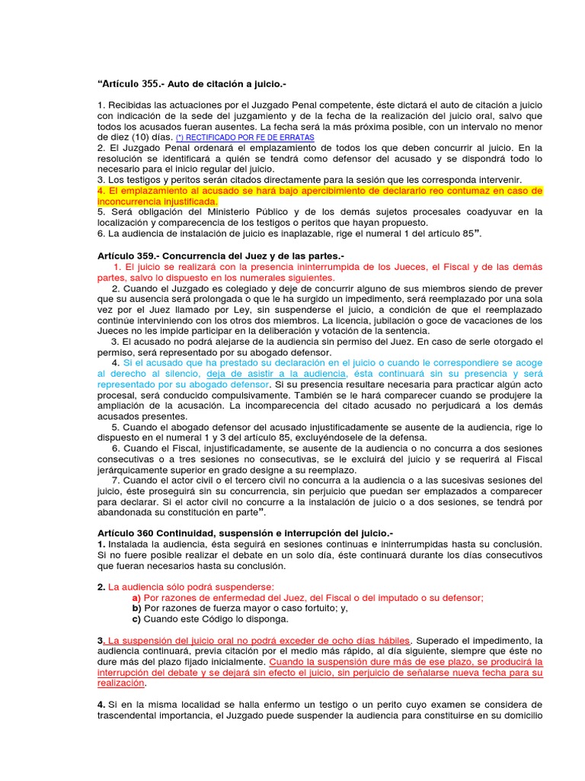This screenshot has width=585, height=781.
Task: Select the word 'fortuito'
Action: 307,608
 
